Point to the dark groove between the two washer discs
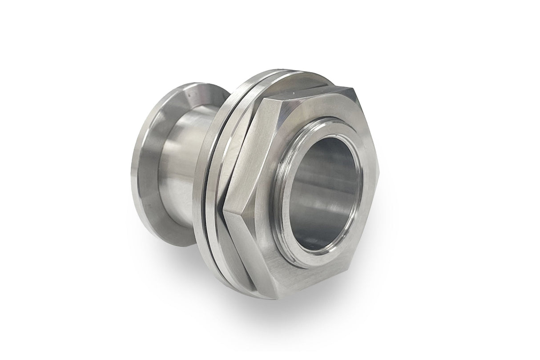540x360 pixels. pyautogui.click(x=213, y=178)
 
